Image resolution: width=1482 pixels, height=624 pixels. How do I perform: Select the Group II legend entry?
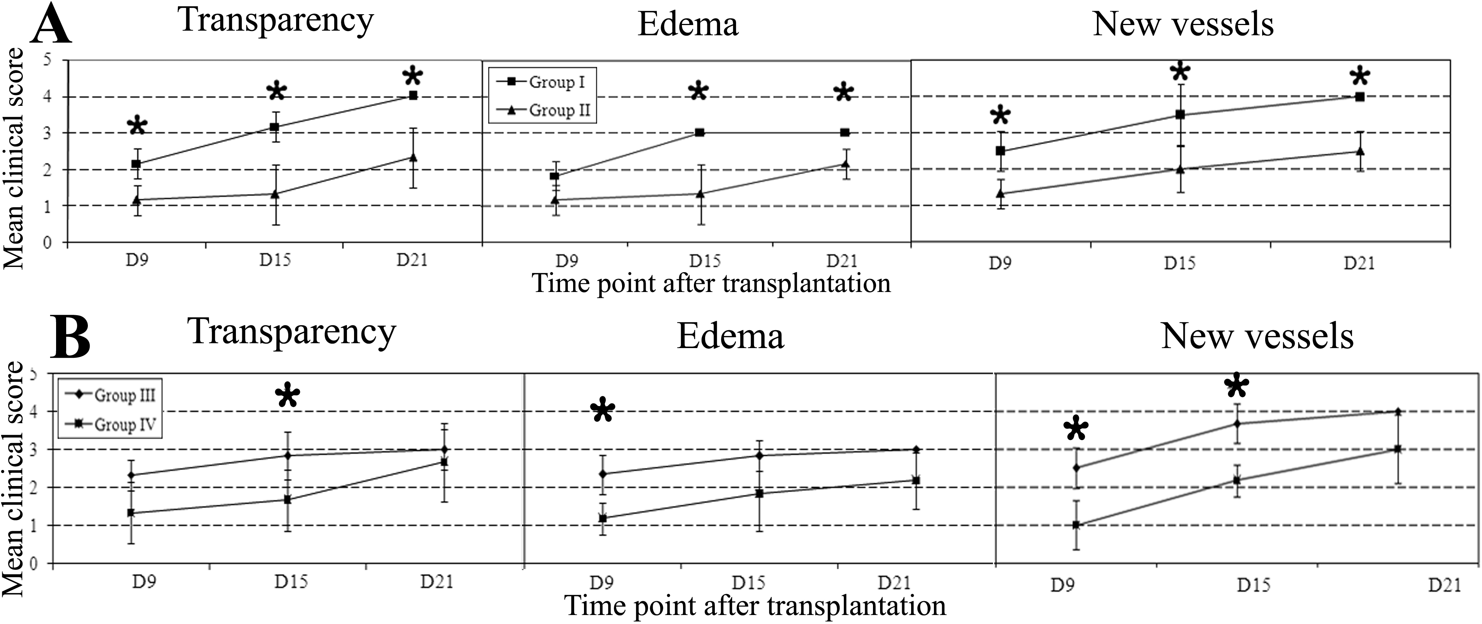(x=544, y=110)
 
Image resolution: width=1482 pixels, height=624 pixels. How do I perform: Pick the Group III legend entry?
(x=109, y=396)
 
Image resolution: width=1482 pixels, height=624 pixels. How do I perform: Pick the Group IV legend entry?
(x=109, y=425)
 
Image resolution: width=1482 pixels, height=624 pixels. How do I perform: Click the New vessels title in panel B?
(x=1257, y=336)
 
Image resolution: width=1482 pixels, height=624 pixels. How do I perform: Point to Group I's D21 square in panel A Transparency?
(x=412, y=95)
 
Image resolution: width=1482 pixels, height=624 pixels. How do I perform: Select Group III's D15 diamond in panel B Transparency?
(x=288, y=455)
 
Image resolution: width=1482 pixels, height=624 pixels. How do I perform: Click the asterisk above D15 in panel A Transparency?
(x=276, y=92)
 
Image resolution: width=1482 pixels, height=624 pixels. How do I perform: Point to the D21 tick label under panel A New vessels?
(x=1359, y=264)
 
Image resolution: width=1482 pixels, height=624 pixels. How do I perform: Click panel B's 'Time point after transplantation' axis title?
(x=755, y=606)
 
